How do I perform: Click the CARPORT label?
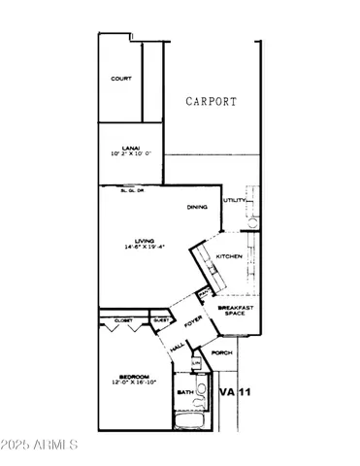tap(212, 101)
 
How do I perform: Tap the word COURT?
tap(121, 79)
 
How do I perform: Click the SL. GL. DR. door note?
tap(133, 190)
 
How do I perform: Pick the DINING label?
tap(199, 207)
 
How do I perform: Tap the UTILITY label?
tap(235, 200)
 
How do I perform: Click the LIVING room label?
tap(146, 239)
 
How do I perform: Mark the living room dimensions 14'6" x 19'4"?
tap(146, 247)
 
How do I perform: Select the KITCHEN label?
tap(229, 256)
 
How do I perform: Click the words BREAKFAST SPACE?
tap(235, 311)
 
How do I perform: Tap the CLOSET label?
tap(123, 319)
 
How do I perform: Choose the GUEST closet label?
tap(161, 319)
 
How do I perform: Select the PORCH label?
tap(221, 352)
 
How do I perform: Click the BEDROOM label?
tap(134, 376)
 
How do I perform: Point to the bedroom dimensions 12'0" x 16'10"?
tap(134, 383)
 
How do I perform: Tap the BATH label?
tap(184, 392)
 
